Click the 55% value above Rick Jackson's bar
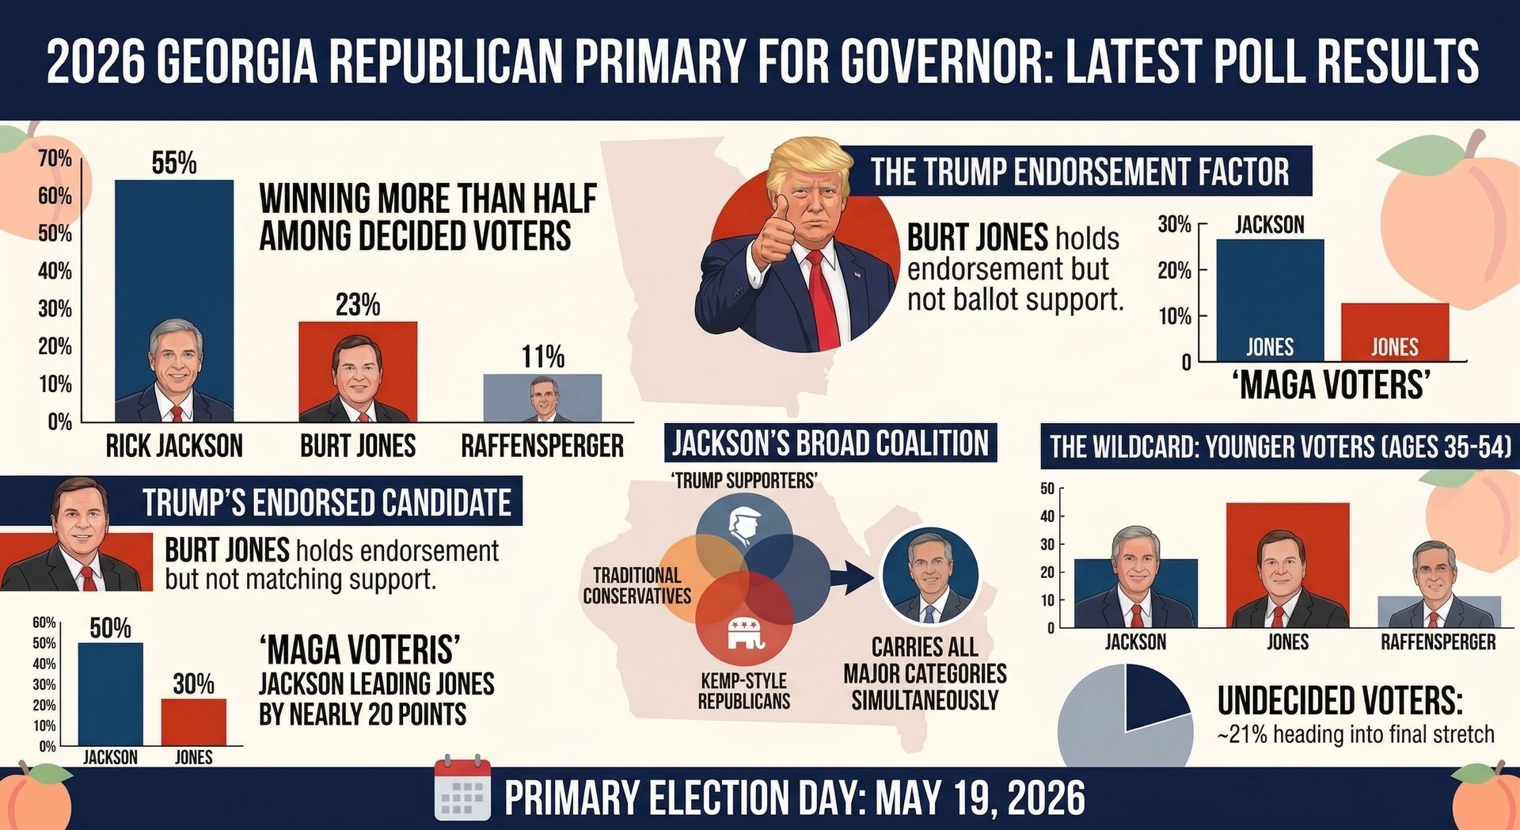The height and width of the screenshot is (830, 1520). click(174, 163)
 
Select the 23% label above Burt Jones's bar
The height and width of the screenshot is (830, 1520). click(358, 305)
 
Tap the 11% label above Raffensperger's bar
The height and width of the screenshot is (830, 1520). click(543, 357)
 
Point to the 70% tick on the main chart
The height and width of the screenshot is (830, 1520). click(55, 158)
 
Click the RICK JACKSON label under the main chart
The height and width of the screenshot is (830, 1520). click(174, 446)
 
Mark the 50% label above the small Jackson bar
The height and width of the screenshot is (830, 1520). click(110, 628)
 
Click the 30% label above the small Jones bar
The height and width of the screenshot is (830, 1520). click(194, 683)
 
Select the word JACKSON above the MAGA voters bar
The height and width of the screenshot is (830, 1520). click(1269, 225)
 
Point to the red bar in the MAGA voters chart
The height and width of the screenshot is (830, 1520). click(1394, 332)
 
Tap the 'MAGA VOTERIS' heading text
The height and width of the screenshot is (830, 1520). click(359, 650)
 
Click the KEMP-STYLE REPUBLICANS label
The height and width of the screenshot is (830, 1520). click(744, 691)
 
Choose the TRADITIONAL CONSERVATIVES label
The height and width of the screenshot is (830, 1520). click(636, 585)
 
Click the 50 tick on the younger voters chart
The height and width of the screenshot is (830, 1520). click(1047, 489)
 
